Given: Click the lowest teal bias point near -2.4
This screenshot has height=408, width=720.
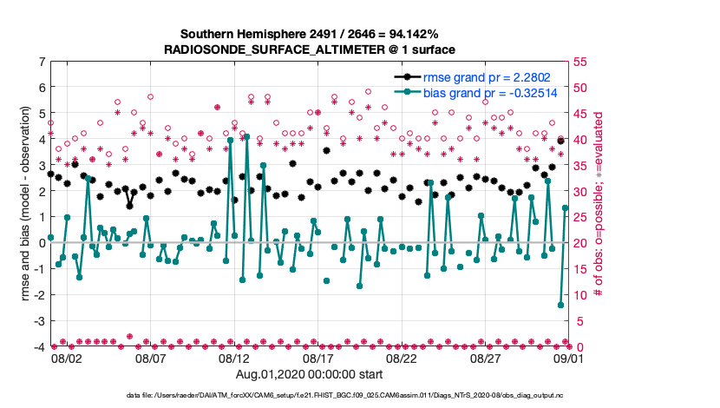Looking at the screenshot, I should [561, 305].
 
